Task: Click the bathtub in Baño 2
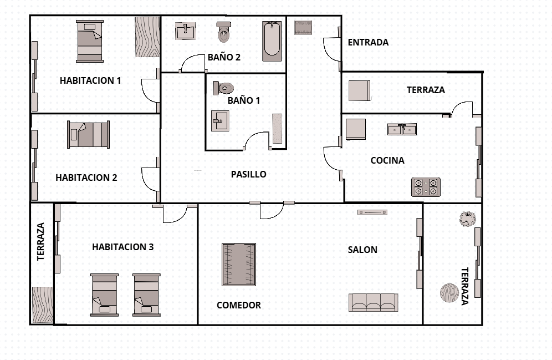(x=272, y=41)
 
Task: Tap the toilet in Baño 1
(x=223, y=88)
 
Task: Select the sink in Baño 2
(x=185, y=31)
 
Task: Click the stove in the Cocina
(x=426, y=187)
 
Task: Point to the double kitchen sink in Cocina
(x=402, y=129)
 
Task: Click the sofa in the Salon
(x=374, y=302)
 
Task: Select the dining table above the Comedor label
(x=239, y=265)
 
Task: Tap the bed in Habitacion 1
(x=90, y=41)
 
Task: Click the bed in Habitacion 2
(x=88, y=135)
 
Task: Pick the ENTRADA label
(x=368, y=42)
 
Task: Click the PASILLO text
(x=248, y=174)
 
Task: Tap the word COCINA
(x=387, y=160)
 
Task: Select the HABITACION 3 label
(x=123, y=247)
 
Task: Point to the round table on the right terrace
(x=449, y=293)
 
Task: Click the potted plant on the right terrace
(x=468, y=219)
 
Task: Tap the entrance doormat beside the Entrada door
(x=303, y=28)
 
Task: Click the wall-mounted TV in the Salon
(x=372, y=212)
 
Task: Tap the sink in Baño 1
(x=220, y=121)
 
